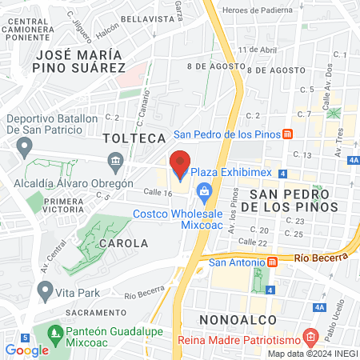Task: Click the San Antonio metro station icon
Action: pos(272,262)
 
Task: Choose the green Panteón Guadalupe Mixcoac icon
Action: pos(54,330)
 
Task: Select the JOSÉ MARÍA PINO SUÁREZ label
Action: pos(78,62)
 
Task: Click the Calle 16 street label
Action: pos(135,193)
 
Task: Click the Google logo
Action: pos(26,350)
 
